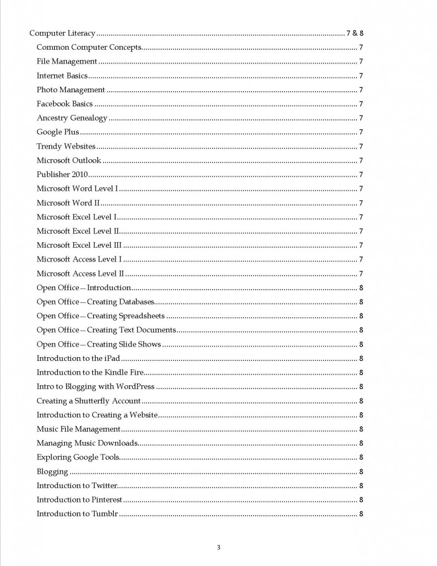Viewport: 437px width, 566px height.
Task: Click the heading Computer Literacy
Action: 62,33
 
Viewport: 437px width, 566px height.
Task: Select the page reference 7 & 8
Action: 354,33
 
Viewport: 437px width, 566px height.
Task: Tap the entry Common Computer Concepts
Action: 89,48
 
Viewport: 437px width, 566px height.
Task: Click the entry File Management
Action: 67,61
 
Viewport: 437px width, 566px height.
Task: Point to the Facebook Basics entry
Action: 65,104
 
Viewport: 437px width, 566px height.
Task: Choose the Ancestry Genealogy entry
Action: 72,118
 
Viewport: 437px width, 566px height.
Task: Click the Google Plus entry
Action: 57,132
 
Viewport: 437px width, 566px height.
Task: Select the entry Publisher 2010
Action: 62,175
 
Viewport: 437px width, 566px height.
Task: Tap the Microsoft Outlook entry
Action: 69,160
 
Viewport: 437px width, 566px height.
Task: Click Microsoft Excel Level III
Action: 79,245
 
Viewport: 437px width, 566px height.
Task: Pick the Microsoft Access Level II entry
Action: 80,274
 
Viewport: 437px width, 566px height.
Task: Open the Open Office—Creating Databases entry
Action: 95,302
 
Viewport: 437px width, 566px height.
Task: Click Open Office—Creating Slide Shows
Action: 99,344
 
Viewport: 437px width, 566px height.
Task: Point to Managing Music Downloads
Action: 87,443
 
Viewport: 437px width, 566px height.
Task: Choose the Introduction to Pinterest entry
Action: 79,500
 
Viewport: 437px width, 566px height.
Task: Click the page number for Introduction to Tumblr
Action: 361,514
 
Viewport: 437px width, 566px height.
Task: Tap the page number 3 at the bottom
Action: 218,548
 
